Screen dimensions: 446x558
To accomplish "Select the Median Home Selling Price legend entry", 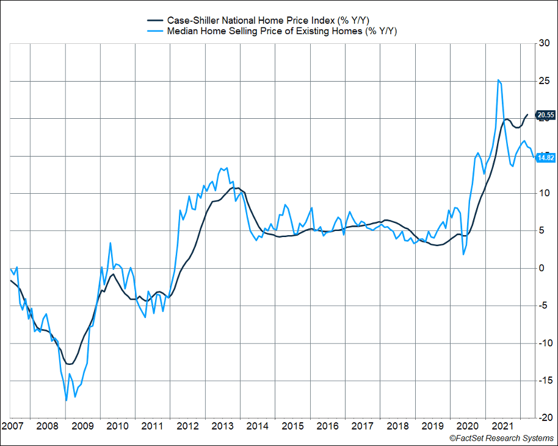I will tap(281, 31).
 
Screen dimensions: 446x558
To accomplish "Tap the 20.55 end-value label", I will tap(545, 115).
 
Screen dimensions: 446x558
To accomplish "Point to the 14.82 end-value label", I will tap(545, 158).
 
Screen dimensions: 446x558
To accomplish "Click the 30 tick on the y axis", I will tap(543, 43).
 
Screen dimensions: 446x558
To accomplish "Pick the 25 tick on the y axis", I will tap(543, 81).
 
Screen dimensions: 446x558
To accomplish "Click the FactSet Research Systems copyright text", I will tap(502, 438).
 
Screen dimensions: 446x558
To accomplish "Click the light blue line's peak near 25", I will tap(499, 80).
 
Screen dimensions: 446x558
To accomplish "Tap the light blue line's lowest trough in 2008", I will tap(66, 400).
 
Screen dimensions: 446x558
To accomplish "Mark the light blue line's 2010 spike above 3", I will tap(111, 243).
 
